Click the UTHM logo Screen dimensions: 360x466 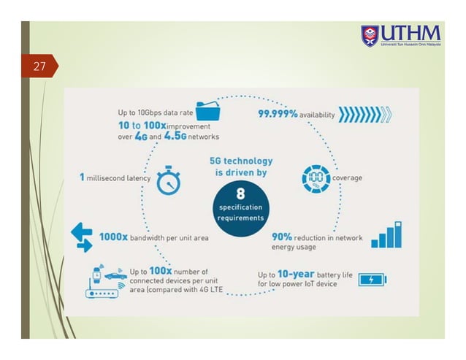pos(401,35)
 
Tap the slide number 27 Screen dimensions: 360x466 pos(39,67)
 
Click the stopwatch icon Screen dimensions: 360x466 pos(169,181)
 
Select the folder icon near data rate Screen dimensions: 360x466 pos(210,111)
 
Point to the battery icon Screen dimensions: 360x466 pos(373,279)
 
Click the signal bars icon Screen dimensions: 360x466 pos(386,235)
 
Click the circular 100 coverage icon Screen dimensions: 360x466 pos(316,178)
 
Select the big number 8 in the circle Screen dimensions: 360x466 pos(240,194)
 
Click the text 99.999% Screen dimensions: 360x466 pos(277,115)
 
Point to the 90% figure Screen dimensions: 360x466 pos(282,237)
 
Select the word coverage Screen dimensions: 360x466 pos(348,178)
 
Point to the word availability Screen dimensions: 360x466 pos(317,115)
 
